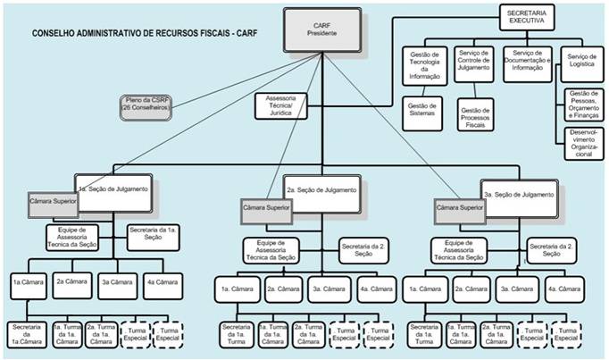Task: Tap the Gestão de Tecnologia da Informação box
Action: click(424, 64)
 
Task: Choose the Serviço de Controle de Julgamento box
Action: click(475, 63)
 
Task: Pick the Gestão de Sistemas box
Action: click(424, 111)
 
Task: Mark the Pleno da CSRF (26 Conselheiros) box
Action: click(146, 105)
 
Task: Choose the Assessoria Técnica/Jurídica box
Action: click(279, 109)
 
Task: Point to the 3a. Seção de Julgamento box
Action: click(518, 194)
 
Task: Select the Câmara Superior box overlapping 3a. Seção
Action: click(459, 211)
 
